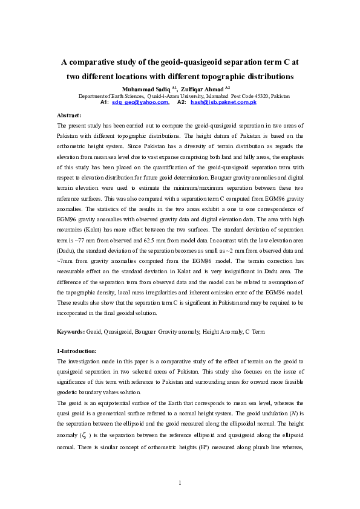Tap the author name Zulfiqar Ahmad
[204, 88]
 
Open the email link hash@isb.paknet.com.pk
[224, 103]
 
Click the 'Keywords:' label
[71, 332]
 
